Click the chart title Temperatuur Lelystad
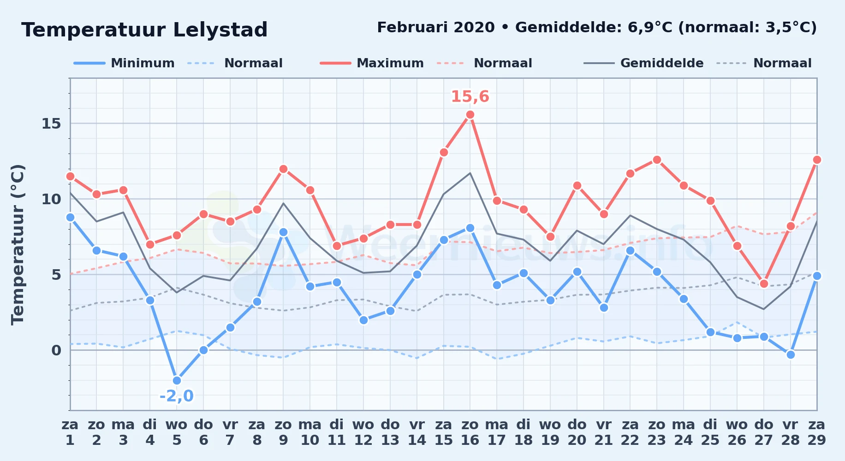(144, 30)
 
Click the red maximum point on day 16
(470, 115)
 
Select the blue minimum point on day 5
(177, 380)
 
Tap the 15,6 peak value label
(470, 96)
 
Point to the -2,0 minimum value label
(176, 396)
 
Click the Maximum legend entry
(372, 63)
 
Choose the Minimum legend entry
(124, 63)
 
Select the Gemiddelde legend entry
(643, 63)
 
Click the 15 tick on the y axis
(51, 124)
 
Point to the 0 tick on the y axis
(56, 350)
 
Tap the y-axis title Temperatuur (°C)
(18, 244)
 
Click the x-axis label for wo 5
(177, 432)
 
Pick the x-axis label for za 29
(816, 432)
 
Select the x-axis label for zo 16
(470, 432)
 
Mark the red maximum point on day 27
(764, 284)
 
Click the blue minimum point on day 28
(791, 355)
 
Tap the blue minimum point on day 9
(283, 232)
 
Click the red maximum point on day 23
(657, 160)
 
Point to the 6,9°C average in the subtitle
(650, 28)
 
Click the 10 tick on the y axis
(51, 199)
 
